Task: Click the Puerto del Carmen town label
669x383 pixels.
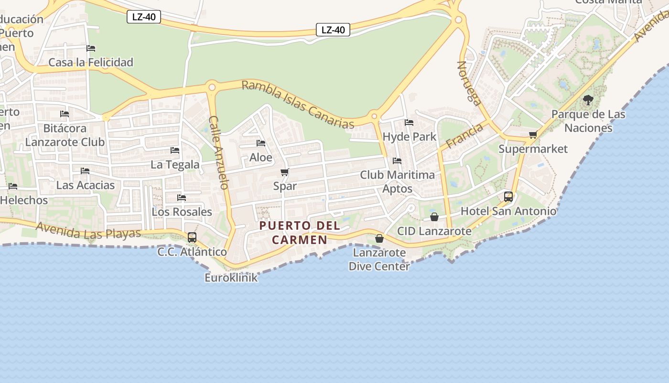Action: (300, 232)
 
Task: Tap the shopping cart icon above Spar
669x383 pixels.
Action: (285, 172)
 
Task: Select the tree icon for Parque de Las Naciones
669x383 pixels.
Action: (588, 100)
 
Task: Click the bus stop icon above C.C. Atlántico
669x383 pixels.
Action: (192, 237)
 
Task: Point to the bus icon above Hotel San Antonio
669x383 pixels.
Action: (508, 196)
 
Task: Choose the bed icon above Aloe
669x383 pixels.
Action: (261, 143)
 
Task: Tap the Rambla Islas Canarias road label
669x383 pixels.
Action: (298, 104)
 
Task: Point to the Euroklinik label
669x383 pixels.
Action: (231, 278)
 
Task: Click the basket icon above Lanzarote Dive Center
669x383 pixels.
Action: (379, 238)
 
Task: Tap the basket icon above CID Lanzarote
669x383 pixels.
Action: (434, 217)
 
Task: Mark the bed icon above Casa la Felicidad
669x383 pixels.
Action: (91, 48)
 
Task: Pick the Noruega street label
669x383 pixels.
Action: (469, 83)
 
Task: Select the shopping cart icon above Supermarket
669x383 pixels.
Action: (533, 135)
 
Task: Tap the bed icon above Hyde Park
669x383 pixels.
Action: (409, 123)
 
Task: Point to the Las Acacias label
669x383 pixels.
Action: (86, 185)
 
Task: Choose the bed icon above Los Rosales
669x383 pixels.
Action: (182, 197)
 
